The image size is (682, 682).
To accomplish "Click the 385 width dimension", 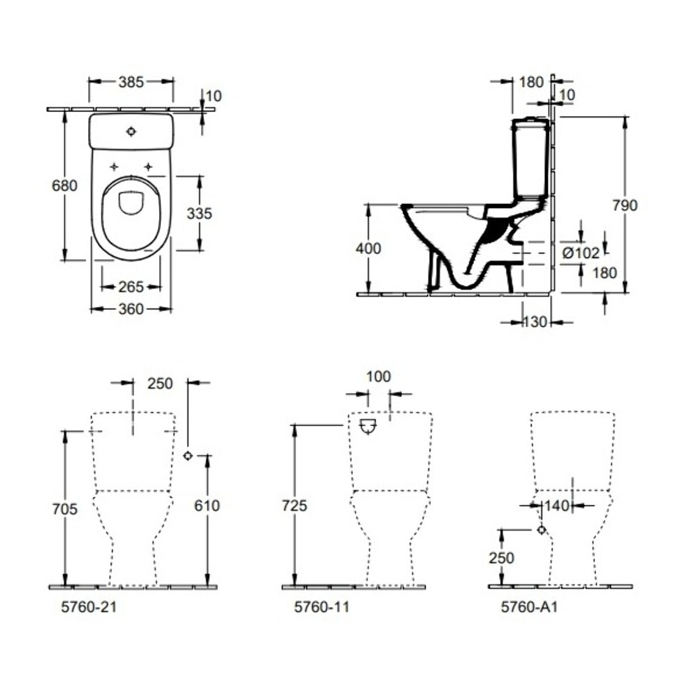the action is pos(131,82).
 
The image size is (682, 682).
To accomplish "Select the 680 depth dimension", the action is pos(64,185).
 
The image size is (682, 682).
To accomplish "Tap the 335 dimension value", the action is pos(199,214).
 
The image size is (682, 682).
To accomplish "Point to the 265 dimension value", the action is pos(131,286).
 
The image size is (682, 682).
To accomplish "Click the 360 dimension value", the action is pos(131,309).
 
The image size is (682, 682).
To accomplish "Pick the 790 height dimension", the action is pos(625,205).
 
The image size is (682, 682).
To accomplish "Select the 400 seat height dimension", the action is pos(368,248).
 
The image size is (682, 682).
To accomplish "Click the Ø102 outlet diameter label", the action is pos(581,253).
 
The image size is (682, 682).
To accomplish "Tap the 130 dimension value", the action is pos(535,322).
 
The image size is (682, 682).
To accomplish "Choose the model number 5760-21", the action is pos(89,608).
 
